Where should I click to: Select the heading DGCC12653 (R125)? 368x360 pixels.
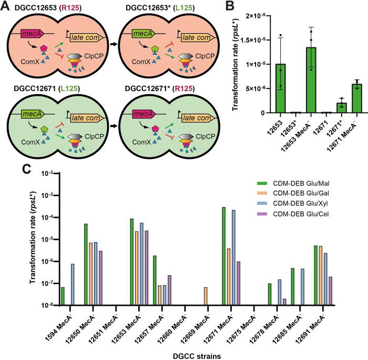pos(41,6)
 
